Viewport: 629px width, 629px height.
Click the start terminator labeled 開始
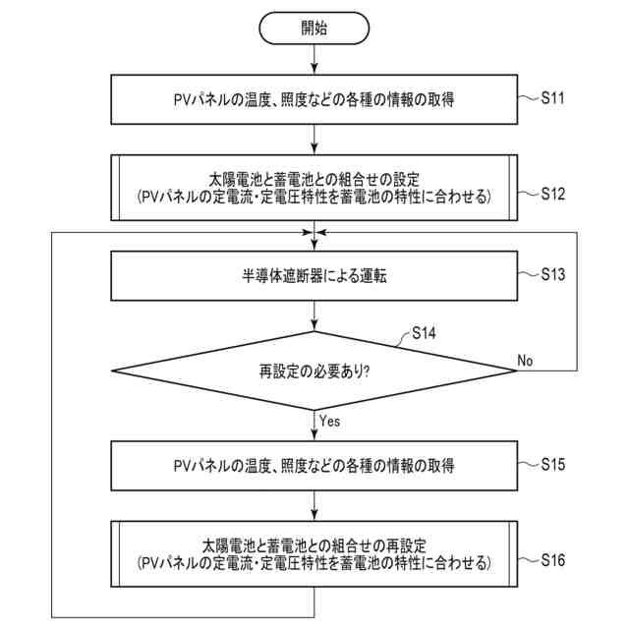pyautogui.click(x=314, y=28)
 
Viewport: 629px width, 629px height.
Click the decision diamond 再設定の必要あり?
pyautogui.click(x=314, y=372)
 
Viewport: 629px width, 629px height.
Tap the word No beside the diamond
pyautogui.click(x=526, y=361)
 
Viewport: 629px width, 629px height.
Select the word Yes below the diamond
pyautogui.click(x=329, y=421)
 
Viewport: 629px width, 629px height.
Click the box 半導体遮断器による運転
pyautogui.click(x=314, y=277)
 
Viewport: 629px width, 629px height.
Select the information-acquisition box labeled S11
pyautogui.click(x=314, y=98)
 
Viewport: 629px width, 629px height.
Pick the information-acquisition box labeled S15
pyautogui.click(x=314, y=464)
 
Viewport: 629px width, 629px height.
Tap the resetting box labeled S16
pyautogui.click(x=314, y=554)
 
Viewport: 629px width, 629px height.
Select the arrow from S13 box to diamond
pyautogui.click(x=314, y=315)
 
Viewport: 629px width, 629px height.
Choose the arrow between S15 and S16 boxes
pyautogui.click(x=314, y=503)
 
